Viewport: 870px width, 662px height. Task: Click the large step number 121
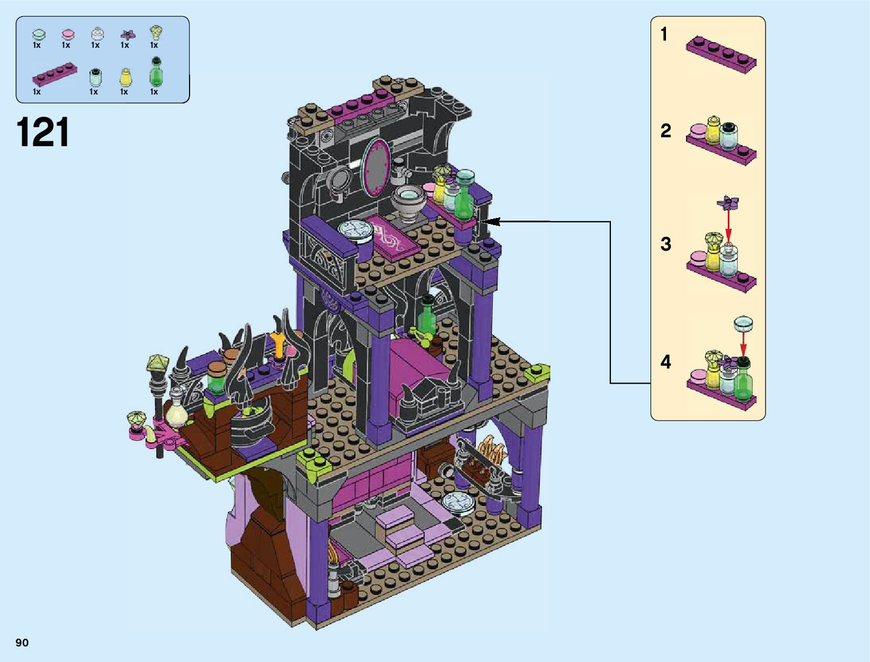[43, 132]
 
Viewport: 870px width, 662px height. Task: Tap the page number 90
[22, 642]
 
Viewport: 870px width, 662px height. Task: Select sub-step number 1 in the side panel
[664, 34]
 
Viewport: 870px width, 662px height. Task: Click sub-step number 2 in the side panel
[666, 131]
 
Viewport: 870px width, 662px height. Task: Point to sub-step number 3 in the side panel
[666, 244]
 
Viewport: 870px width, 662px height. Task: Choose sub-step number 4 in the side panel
[666, 362]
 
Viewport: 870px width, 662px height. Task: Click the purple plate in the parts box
[54, 75]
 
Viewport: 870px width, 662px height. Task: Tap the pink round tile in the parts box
[68, 34]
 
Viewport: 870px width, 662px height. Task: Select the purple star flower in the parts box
[127, 35]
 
